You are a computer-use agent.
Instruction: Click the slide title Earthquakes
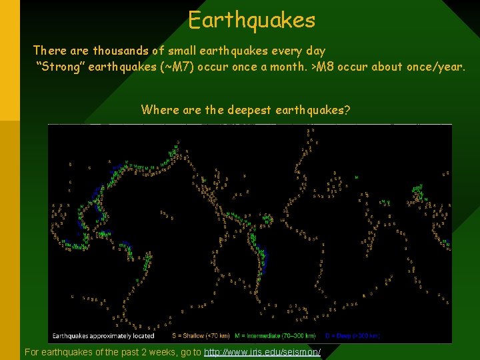251,20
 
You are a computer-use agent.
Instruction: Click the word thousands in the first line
115,51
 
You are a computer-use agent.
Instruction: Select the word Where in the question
159,109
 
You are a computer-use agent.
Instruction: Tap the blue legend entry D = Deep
353,335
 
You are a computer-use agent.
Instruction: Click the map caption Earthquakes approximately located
103,335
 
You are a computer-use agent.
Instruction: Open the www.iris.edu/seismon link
262,351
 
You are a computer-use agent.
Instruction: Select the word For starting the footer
31,351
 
